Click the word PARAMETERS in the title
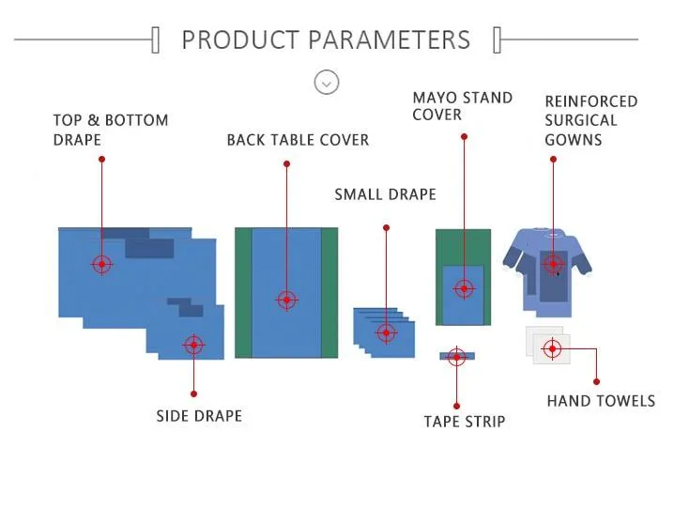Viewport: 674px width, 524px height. click(x=390, y=40)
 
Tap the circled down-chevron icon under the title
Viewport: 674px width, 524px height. click(x=327, y=82)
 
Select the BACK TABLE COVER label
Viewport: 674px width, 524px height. click(x=298, y=140)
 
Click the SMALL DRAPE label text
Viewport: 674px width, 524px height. click(x=385, y=194)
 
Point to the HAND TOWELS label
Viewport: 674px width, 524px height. click(x=601, y=401)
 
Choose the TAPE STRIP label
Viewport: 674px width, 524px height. click(x=465, y=422)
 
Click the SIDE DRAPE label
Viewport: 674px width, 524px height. click(x=199, y=416)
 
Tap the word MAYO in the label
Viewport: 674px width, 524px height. click(x=434, y=98)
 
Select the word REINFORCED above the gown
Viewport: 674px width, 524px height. click(x=591, y=101)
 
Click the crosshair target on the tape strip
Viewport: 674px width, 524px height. click(x=456, y=357)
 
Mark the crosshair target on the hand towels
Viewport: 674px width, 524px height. click(x=553, y=348)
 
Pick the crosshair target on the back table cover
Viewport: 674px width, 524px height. click(x=286, y=301)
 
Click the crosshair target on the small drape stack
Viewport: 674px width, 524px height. click(x=386, y=332)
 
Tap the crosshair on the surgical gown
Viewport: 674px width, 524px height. click(x=553, y=264)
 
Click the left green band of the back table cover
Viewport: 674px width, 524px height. click(x=243, y=293)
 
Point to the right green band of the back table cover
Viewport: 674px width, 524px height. click(x=329, y=293)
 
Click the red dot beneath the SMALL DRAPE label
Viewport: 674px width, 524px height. click(x=386, y=228)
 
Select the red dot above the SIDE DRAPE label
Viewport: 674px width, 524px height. click(x=194, y=393)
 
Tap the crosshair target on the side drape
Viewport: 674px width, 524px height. click(x=194, y=345)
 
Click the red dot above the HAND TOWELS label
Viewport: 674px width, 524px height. click(x=596, y=381)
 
